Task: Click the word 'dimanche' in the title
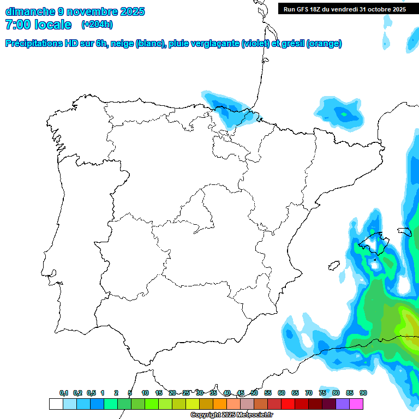[30, 11]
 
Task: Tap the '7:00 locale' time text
[38, 25]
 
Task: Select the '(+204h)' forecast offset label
[97, 25]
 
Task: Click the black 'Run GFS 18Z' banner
[344, 9]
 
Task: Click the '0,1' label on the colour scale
[64, 393]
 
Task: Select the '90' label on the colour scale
[363, 393]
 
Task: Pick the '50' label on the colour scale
[254, 393]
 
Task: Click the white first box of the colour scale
[56, 404]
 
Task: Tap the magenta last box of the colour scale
[356, 404]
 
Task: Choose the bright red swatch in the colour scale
[288, 404]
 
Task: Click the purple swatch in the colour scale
[343, 404]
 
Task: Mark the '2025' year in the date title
[131, 11]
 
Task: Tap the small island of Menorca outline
[404, 231]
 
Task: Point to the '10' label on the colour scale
[145, 393]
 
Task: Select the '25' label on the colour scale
[186, 393]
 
